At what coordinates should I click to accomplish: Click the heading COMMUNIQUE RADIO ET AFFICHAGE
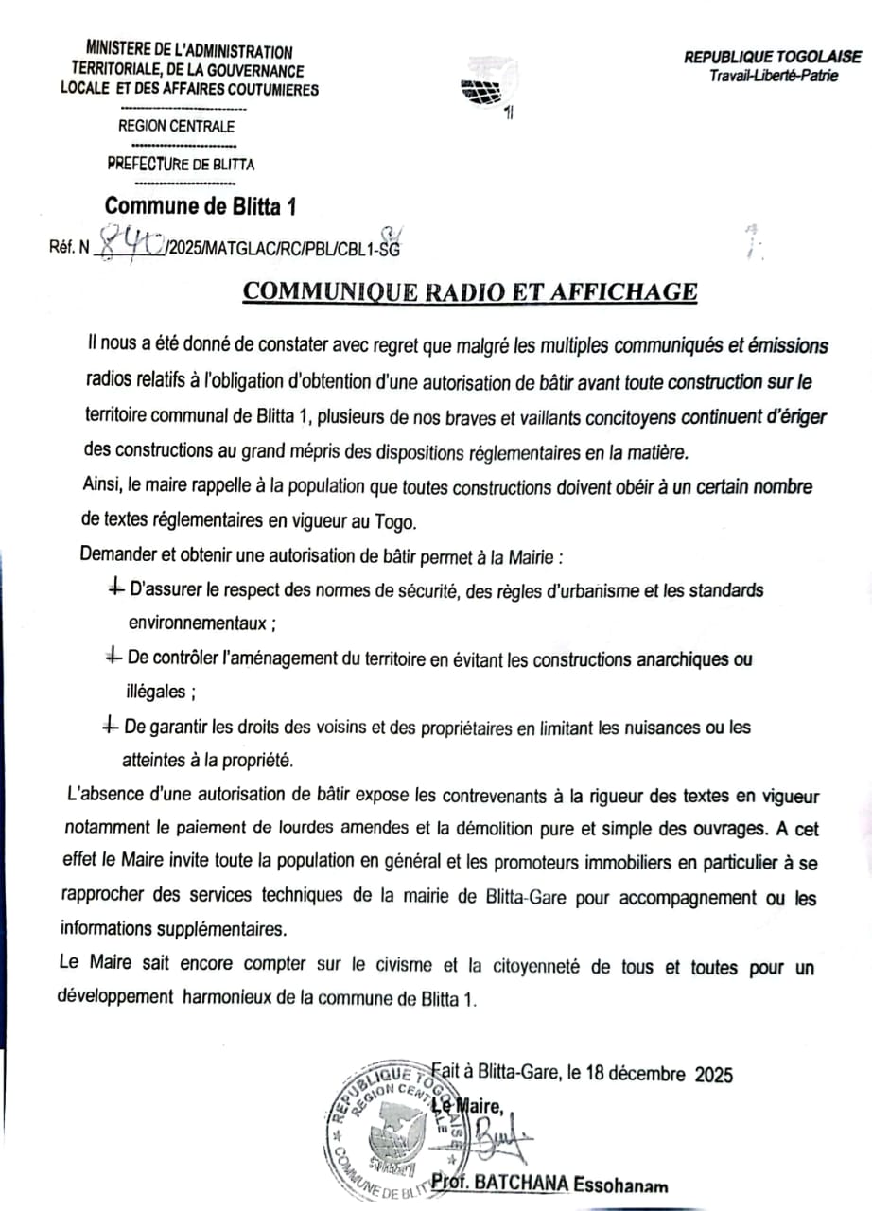click(x=470, y=291)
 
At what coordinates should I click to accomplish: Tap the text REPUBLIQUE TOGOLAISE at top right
click(x=773, y=58)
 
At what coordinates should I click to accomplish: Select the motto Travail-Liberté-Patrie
click(x=774, y=76)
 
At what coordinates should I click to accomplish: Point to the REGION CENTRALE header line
click(x=176, y=126)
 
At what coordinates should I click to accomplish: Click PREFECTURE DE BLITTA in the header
click(x=181, y=164)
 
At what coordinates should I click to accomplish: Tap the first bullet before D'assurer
click(x=114, y=589)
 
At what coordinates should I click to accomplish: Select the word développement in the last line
click(x=115, y=997)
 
